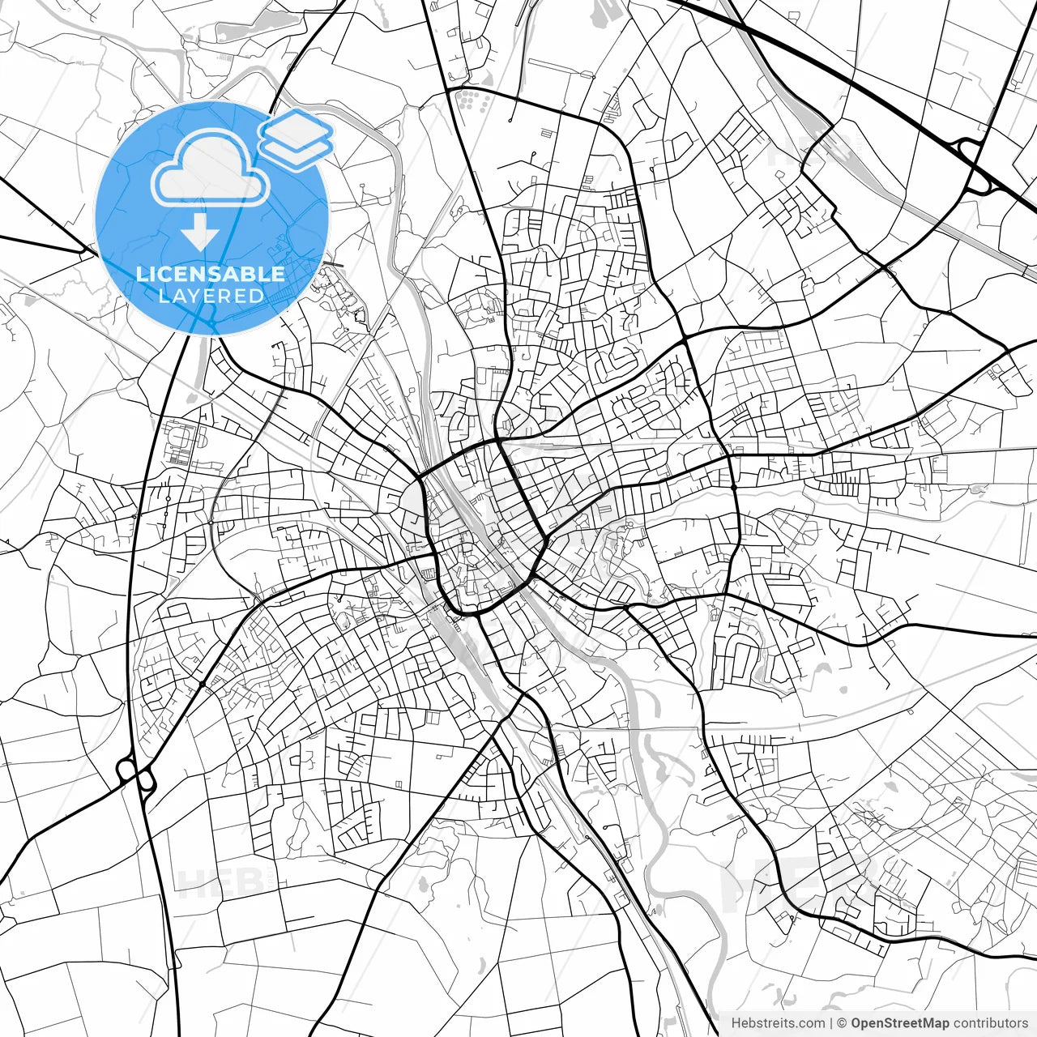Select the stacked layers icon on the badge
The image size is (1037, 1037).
coord(297,138)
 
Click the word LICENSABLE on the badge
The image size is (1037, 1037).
coord(211,274)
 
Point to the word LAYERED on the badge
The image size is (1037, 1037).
coord(211,296)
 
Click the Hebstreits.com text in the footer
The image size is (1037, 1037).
coord(778,1023)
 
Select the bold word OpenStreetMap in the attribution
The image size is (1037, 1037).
coord(899,1023)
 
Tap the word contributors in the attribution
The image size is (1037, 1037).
coord(990,1023)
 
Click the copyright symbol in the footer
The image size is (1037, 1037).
coord(842,1023)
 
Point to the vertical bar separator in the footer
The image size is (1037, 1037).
coord(831,1023)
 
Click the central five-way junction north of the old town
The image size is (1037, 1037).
coord(496,442)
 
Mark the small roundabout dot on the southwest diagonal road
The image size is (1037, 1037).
coord(202,685)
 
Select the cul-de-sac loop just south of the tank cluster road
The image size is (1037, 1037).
coord(536,153)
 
